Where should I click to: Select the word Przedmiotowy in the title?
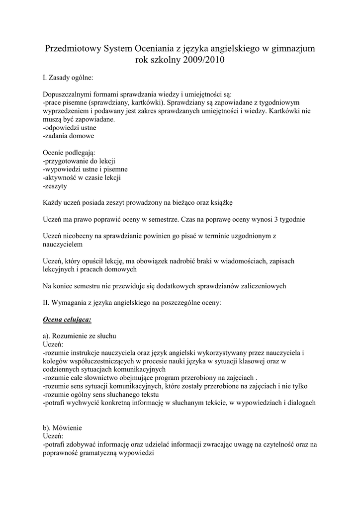click(73, 49)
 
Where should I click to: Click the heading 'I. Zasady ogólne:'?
click(68, 78)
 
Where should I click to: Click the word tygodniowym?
click(290, 103)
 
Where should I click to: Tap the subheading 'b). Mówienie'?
click(62, 427)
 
